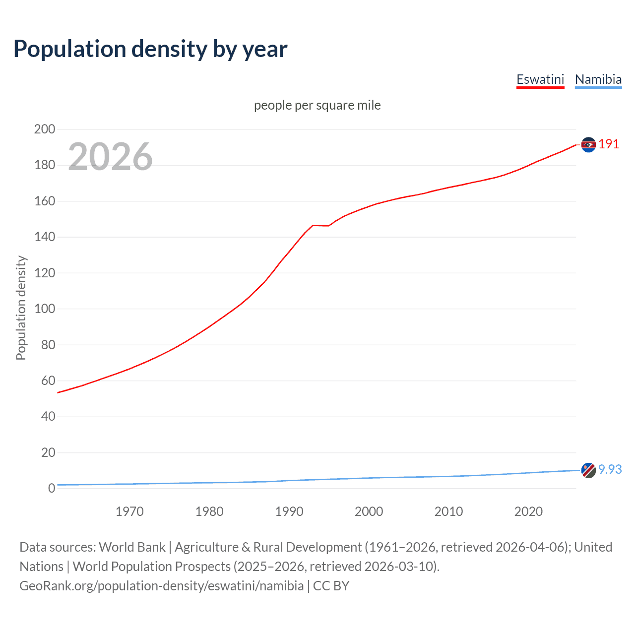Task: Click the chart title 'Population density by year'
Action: click(150, 49)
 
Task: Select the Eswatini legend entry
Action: click(540, 79)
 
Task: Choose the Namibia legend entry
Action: click(598, 79)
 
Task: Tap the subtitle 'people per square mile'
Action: click(317, 105)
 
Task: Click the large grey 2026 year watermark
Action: click(110, 157)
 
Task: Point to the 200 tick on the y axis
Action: click(45, 129)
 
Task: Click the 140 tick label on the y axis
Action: click(45, 237)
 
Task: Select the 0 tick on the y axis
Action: click(52, 488)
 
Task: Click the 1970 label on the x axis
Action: click(129, 511)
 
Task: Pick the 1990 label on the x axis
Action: click(289, 511)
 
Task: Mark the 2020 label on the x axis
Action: click(528, 511)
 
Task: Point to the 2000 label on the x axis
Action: click(369, 511)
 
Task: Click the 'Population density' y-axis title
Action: click(21, 308)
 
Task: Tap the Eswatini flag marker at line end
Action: click(588, 144)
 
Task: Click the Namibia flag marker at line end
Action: click(588, 470)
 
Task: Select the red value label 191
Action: click(609, 144)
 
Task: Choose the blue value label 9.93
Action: click(610, 469)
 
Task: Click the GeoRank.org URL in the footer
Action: click(161, 586)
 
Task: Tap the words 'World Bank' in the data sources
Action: click(132, 547)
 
